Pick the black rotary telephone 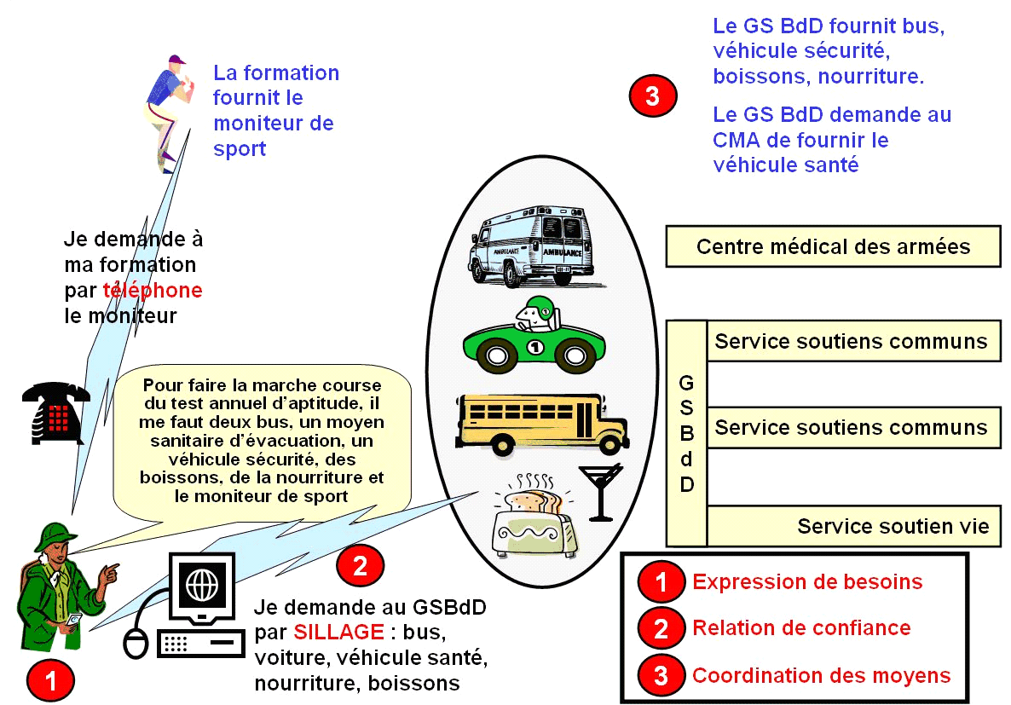[x=56, y=413]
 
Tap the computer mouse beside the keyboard [x=136, y=643]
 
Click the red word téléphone [x=153, y=290]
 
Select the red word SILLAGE [x=338, y=632]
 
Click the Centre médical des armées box [x=832, y=246]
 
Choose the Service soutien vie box [x=853, y=526]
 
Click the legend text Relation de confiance [x=801, y=628]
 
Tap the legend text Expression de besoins [x=806, y=582]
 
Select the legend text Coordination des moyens [x=821, y=676]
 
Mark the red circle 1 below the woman [x=50, y=680]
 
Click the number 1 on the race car [x=534, y=347]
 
